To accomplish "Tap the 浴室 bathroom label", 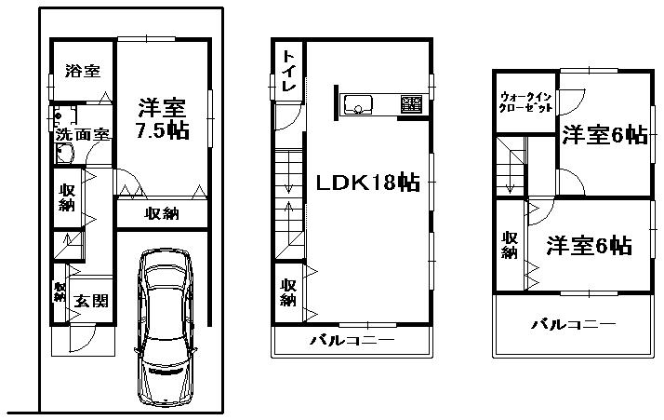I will coord(83,71).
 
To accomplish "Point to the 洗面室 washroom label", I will coord(83,134).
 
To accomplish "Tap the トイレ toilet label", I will coord(289,72).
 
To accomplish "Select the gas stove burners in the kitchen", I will coord(409,102).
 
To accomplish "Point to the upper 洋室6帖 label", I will coord(604,136).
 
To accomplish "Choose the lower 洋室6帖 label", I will coord(589,246).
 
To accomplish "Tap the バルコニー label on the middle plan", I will coord(352,340).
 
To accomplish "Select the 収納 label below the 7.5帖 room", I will coord(162,214).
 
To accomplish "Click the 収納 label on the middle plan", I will coord(288,291).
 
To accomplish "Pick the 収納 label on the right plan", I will coord(510,245).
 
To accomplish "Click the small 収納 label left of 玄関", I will coord(60,293).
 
